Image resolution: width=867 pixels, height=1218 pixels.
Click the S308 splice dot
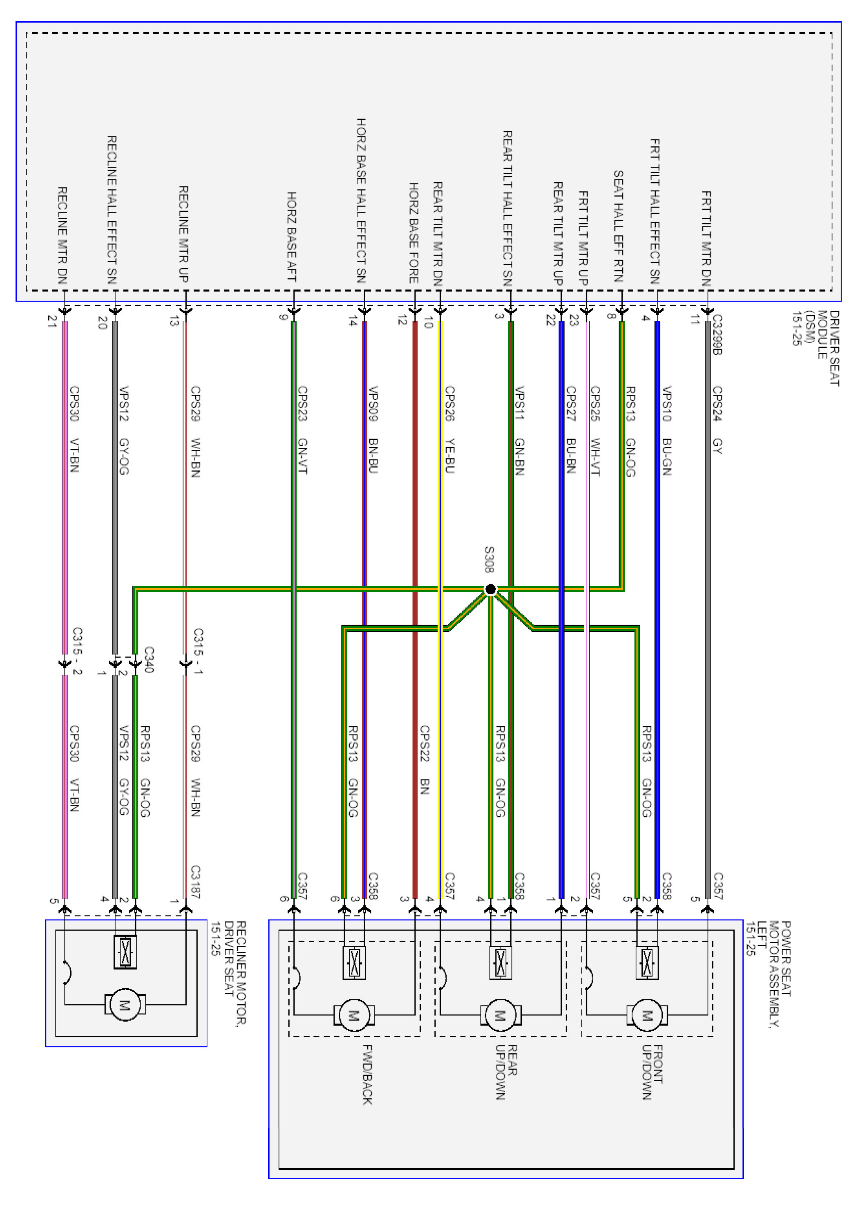pos(490,589)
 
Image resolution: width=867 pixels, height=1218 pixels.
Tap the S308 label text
pos(489,559)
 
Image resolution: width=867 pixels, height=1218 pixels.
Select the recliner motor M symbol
pos(124,1004)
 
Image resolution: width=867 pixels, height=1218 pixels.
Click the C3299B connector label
pos(717,335)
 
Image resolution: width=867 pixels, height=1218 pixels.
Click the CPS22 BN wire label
pos(425,760)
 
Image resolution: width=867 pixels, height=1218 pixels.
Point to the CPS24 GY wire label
pos(717,420)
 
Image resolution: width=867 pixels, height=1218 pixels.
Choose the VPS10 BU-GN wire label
pos(667,430)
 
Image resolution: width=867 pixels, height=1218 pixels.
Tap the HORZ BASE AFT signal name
pos(291,237)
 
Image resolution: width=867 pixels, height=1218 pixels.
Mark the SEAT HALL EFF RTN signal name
pos(618,226)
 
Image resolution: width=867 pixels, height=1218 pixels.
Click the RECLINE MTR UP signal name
pos(183,234)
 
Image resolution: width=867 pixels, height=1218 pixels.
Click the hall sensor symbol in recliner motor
pos(125,952)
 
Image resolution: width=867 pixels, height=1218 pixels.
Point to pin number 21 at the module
pos(52,321)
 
